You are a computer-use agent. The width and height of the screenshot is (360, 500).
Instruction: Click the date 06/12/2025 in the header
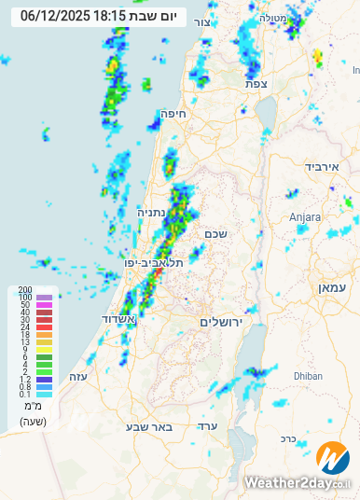pos(54,16)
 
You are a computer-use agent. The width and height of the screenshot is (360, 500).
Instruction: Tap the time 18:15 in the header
pos(110,16)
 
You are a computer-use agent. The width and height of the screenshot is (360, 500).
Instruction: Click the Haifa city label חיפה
pos(174,114)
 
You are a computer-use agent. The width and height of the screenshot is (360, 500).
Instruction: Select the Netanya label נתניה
pos(153,212)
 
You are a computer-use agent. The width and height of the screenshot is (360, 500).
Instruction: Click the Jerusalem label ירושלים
pos(220,321)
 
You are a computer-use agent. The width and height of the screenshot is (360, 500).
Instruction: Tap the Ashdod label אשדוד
pos(119,319)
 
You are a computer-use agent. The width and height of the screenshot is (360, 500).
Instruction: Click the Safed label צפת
pos(256,83)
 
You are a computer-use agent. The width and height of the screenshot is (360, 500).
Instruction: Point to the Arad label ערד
pos(208,425)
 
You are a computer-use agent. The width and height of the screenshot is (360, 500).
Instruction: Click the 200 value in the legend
pos(25,290)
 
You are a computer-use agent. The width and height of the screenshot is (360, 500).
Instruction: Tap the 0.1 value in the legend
pos(25,395)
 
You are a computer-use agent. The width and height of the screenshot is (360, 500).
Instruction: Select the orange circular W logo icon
pos(332,458)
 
